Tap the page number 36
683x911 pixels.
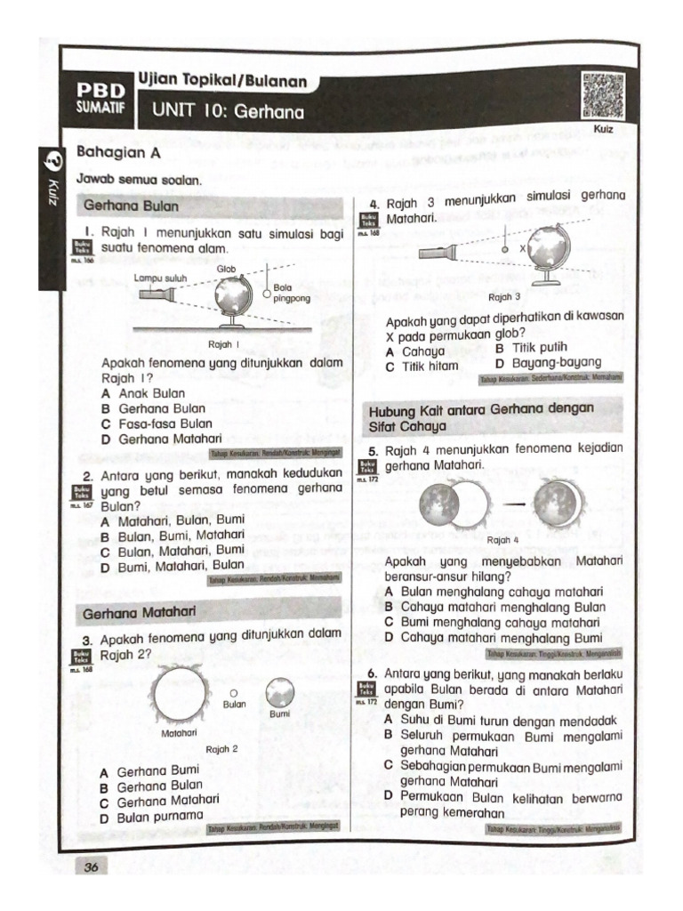92,867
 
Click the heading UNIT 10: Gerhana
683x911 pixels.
228,112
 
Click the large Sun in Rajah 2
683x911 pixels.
179,695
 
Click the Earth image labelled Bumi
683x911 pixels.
279,690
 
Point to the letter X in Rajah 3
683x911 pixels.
523,249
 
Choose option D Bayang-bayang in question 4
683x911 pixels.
548,363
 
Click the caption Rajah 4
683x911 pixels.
503,540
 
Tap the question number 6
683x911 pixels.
374,673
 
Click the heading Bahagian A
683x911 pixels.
110,152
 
